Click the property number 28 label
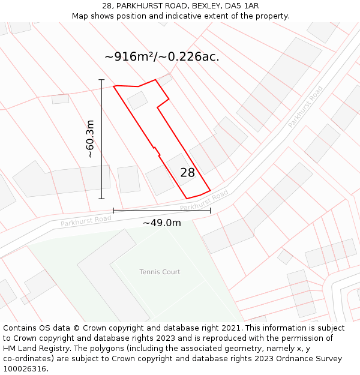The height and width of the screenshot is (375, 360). [187, 173]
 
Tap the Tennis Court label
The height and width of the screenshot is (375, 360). [160, 272]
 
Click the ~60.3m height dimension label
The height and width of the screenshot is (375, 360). [90, 139]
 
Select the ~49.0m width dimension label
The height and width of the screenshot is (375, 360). [161, 223]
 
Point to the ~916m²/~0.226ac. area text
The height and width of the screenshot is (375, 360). [162, 57]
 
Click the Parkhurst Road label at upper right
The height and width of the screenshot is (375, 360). [305, 107]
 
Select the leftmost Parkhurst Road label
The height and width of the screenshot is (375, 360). [86, 221]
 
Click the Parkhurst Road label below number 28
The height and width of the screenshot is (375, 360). [204, 200]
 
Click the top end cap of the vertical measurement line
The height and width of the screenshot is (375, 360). [101, 80]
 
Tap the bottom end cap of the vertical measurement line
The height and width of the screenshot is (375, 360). [101, 199]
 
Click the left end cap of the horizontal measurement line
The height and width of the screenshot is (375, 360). [113, 211]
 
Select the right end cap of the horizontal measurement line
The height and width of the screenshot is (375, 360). [210, 211]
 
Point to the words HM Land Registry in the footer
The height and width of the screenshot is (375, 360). [33, 348]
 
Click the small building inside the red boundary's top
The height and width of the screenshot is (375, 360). [137, 100]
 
